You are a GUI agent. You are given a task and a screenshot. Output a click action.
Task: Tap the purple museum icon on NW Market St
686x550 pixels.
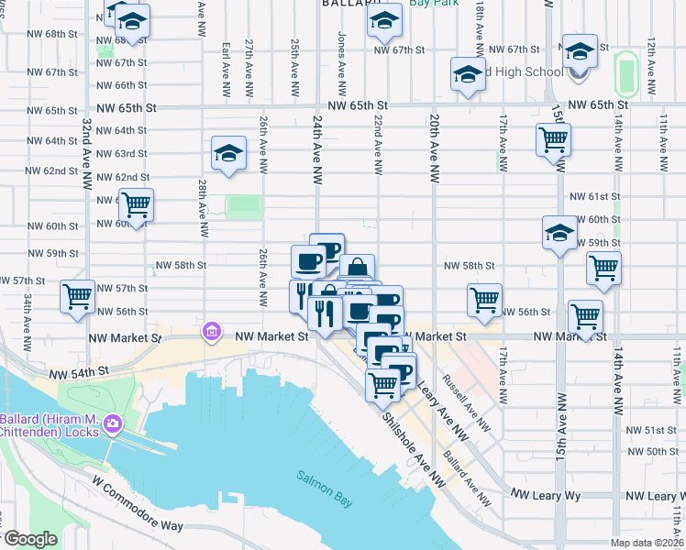point(210,331)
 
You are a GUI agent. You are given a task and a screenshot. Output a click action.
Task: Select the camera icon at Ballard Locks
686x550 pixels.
point(113,423)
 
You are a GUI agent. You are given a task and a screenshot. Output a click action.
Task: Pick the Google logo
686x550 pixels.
point(29,539)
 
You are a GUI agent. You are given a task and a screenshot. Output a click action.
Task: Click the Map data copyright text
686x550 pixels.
point(647,543)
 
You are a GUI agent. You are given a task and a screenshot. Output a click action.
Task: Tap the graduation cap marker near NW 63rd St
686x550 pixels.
point(228,154)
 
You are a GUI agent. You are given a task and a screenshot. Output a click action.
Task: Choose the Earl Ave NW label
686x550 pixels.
point(226,70)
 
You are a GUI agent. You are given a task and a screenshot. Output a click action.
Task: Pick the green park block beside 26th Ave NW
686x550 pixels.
point(243,204)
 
